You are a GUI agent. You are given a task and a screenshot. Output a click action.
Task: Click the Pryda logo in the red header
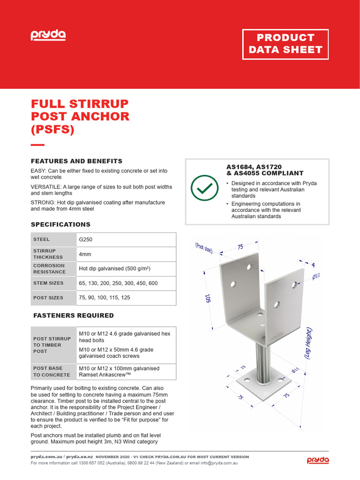48,35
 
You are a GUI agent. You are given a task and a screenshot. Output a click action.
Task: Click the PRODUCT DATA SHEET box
285,44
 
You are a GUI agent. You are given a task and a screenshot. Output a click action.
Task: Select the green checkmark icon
204,188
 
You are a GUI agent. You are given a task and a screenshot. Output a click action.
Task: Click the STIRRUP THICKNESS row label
48,254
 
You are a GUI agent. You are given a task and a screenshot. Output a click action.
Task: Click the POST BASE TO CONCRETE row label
52,371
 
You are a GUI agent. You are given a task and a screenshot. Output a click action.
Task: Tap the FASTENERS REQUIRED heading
73,315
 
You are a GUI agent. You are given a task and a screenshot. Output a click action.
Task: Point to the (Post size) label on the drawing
204,248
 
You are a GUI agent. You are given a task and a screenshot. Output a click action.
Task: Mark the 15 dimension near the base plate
243,367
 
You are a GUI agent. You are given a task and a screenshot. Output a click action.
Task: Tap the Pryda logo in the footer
318,460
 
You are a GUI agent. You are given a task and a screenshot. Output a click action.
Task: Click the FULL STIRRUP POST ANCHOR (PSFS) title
80,116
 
